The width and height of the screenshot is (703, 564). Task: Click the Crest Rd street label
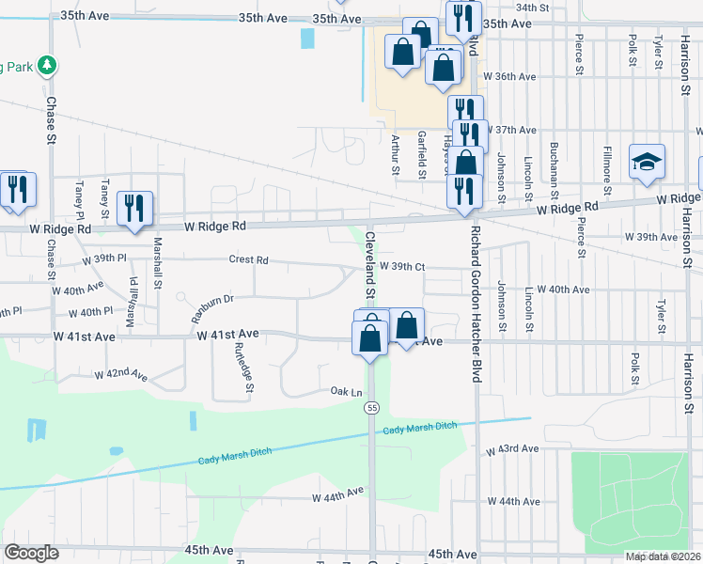point(248,259)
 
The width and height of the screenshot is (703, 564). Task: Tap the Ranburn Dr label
point(212,306)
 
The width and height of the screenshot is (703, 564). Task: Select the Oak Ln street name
point(345,391)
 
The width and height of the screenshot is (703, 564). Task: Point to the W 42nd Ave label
point(120,375)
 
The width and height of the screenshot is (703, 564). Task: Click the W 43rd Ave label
point(512,450)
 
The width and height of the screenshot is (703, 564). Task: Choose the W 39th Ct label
point(403,267)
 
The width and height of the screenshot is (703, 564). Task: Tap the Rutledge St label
point(242,366)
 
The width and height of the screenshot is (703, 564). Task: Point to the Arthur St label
point(395,154)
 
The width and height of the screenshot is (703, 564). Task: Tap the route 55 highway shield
point(373,407)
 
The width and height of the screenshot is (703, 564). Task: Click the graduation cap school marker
point(648,163)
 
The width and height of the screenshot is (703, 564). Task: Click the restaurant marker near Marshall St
point(134,208)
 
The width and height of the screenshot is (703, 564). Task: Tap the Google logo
point(31,553)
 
